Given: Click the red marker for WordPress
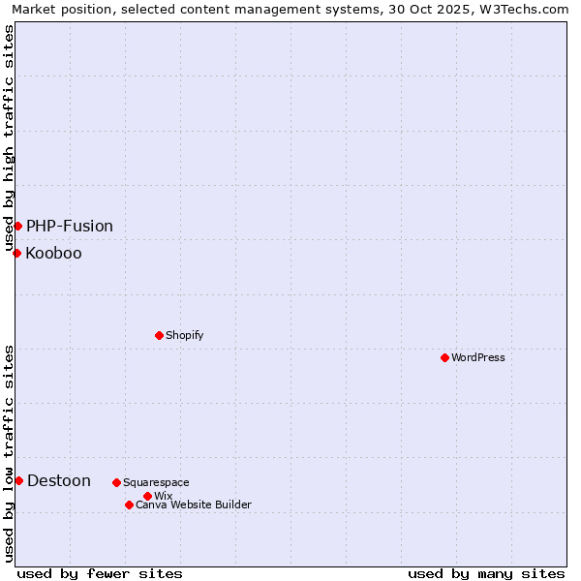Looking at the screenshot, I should pyautogui.click(x=444, y=357).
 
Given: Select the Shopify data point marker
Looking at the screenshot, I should pyautogui.click(x=159, y=335).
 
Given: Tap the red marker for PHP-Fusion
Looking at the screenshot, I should pyautogui.click(x=17, y=226).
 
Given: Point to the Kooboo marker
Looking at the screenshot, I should pyautogui.click(x=16, y=253).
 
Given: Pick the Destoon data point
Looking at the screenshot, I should pyautogui.click(x=18, y=480).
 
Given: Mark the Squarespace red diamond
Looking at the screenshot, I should pyautogui.click(x=116, y=482).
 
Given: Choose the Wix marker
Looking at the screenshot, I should pyautogui.click(x=147, y=496).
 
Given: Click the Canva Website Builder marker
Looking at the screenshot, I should pyautogui.click(x=129, y=505).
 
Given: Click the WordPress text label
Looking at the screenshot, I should pyautogui.click(x=478, y=357).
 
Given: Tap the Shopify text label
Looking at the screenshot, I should pyautogui.click(x=184, y=335).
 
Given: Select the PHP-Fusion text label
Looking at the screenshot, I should pyautogui.click(x=70, y=226).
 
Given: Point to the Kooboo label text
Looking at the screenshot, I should pyautogui.click(x=53, y=254).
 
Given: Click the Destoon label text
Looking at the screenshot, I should pyautogui.click(x=59, y=480).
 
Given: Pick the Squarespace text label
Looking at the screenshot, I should pyautogui.click(x=156, y=482).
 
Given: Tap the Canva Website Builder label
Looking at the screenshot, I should pyautogui.click(x=194, y=505).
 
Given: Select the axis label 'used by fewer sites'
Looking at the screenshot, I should pyautogui.click(x=100, y=573).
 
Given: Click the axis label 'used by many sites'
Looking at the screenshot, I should pyautogui.click(x=486, y=573).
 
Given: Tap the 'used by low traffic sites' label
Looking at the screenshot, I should pyautogui.click(x=9, y=452).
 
